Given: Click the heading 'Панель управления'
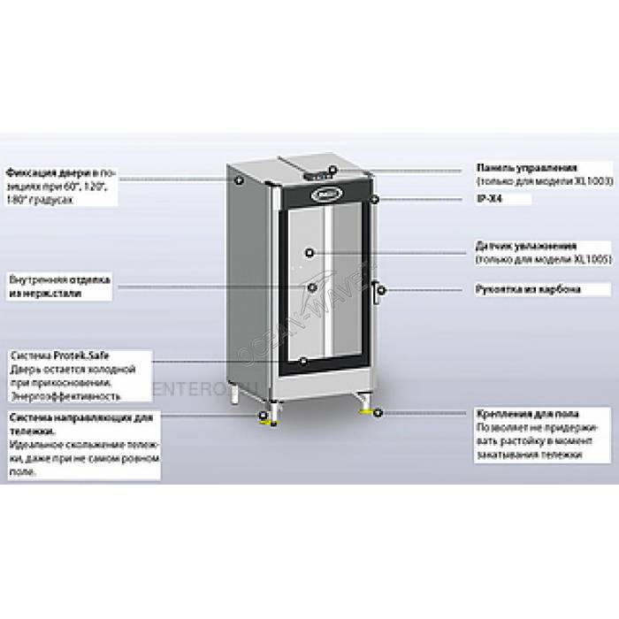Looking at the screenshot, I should pos(527,167).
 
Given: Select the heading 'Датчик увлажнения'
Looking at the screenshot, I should pos(526,245).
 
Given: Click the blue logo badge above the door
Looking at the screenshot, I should pos(325,189).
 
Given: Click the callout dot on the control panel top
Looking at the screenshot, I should pos(332,168).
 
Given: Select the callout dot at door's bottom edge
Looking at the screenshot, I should pos(304,362).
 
